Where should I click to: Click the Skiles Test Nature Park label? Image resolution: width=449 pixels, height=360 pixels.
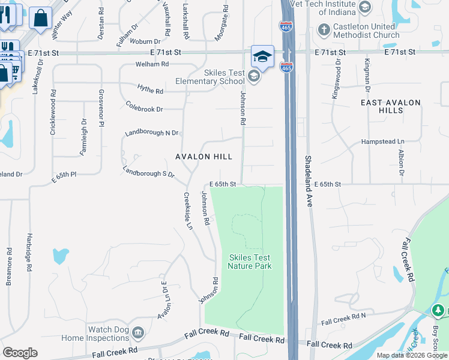pos(250,262)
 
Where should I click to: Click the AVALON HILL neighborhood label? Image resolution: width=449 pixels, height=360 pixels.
pos(203,157)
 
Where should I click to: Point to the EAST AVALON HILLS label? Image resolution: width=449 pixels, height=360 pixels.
pos(391,106)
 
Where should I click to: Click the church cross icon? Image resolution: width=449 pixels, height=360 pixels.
pos(324,29)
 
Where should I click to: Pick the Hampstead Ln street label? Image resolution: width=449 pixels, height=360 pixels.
pos(383,142)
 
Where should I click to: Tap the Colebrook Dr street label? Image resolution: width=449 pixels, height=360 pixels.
pos(145,109)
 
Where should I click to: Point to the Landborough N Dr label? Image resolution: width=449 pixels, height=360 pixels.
pos(152,133)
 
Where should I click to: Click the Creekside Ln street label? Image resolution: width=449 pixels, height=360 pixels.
pos(188,211)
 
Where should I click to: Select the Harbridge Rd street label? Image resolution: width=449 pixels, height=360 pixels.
pos(29,253)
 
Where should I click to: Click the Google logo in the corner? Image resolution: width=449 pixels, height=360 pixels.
pos(20,353)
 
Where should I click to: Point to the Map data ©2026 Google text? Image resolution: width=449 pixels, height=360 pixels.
pos(412,355)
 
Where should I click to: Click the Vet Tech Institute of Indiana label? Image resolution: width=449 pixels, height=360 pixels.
pos(330,8)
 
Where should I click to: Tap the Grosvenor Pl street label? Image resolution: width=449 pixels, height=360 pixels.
pos(101,109)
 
